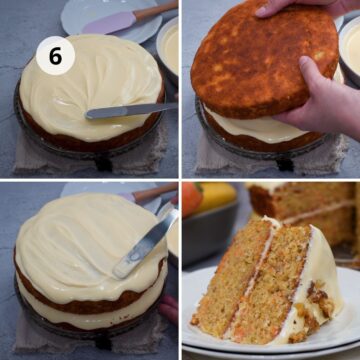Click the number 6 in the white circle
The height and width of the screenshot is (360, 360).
point(55,56)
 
